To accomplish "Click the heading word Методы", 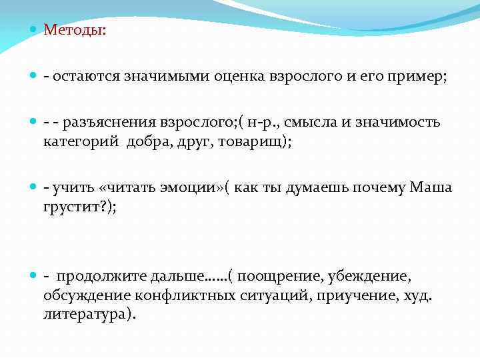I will [x=71, y=30].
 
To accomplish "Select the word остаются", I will [x=85, y=77].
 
